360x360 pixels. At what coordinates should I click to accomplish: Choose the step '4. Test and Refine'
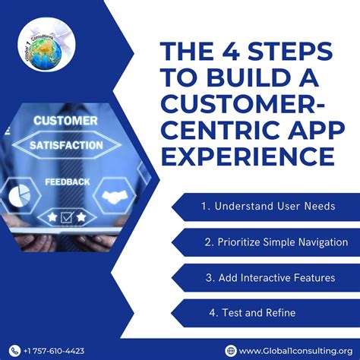pos(252,313)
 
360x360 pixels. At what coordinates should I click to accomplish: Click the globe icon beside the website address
pos(231,350)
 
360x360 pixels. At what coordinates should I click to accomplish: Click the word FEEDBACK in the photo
pos(67,182)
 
